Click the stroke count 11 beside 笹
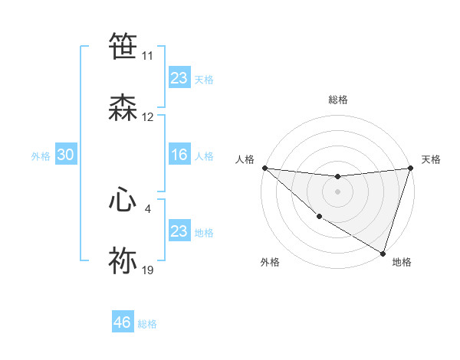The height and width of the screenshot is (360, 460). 148,56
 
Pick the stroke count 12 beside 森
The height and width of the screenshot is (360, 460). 148,117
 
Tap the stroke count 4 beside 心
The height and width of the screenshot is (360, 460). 148,208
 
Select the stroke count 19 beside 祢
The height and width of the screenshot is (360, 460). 148,270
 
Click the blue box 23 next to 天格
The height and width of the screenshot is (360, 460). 179,78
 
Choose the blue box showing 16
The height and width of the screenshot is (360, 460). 179,155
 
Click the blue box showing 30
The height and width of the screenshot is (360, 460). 66,155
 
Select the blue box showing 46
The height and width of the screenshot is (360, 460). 123,322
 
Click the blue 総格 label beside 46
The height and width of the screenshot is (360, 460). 147,324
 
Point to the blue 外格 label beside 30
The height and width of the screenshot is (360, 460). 41,156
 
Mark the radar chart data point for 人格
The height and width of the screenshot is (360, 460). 264,168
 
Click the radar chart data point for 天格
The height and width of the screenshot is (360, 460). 410,169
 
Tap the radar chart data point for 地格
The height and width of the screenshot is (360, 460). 383,253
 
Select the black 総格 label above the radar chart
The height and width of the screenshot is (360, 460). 337,100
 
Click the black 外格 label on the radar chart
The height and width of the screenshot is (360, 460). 270,262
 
